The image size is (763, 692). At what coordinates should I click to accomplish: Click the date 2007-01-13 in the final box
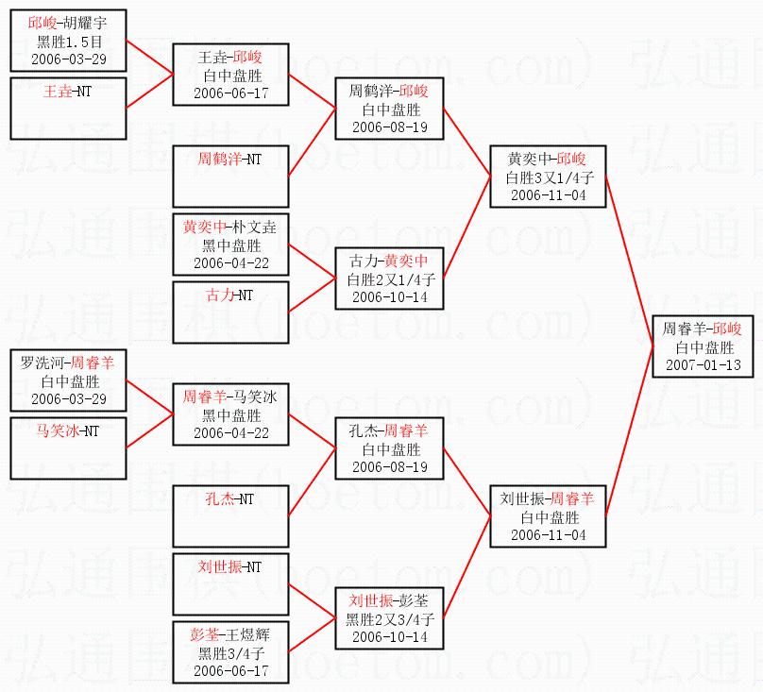tap(703, 364)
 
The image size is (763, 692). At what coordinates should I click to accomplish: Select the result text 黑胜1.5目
tap(69, 42)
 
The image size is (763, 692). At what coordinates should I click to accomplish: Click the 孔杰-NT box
tap(230, 515)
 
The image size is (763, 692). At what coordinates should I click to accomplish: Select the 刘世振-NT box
tap(230, 584)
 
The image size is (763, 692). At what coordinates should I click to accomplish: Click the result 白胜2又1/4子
tap(390, 278)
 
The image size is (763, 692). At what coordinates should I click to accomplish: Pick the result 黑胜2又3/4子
tap(390, 618)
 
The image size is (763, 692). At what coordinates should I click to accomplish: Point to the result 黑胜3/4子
tap(230, 652)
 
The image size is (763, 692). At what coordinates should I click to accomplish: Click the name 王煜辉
tap(249, 633)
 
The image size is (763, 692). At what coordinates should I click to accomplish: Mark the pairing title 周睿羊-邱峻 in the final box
tap(703, 329)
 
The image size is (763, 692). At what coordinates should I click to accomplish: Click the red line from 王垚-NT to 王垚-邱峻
tap(149, 93)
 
